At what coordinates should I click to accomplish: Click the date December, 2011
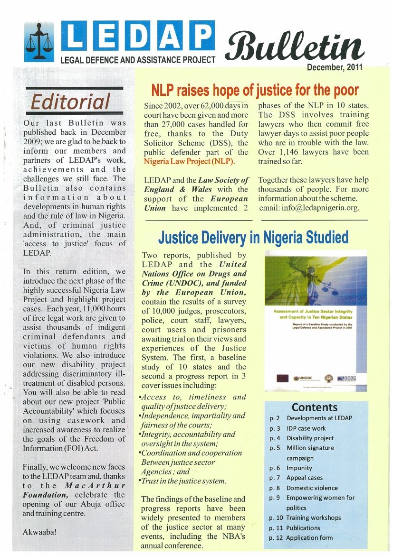click(x=335, y=67)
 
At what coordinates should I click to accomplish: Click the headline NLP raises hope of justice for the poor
click(x=255, y=90)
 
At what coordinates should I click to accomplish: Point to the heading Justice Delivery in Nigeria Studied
click(x=253, y=237)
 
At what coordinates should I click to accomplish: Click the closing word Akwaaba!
click(x=40, y=532)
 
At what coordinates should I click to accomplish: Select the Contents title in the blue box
click(x=315, y=407)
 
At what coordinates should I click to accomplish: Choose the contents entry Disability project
click(x=310, y=438)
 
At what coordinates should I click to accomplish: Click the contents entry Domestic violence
click(x=312, y=488)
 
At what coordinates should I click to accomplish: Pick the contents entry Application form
click(x=309, y=537)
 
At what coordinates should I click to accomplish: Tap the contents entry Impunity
click(x=299, y=468)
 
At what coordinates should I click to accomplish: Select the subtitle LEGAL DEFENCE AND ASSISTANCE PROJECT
click(x=138, y=60)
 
